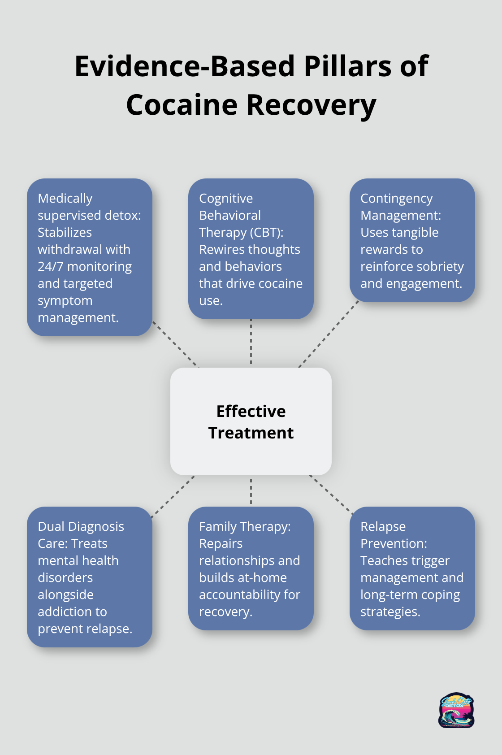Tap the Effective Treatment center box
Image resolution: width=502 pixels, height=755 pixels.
[x=251, y=421]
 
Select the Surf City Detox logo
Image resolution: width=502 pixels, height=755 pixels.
[x=456, y=710]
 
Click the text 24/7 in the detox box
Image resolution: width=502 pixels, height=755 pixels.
[x=51, y=266]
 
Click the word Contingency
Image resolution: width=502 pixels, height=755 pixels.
[x=396, y=198]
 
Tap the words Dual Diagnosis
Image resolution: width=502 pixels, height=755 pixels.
[x=81, y=526]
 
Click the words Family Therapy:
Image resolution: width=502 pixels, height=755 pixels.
[x=245, y=526]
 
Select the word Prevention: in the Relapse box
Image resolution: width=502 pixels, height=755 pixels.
[x=394, y=543]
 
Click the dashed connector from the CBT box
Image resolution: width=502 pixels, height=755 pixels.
[x=251, y=343]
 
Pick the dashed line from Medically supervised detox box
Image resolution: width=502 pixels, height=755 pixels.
[x=175, y=344]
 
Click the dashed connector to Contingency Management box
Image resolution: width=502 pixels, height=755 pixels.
[x=329, y=334]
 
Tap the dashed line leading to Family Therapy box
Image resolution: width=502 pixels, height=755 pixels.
[x=251, y=491]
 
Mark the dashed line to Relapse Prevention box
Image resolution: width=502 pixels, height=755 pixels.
[x=331, y=495]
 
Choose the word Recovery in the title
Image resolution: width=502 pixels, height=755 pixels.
[x=311, y=105]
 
